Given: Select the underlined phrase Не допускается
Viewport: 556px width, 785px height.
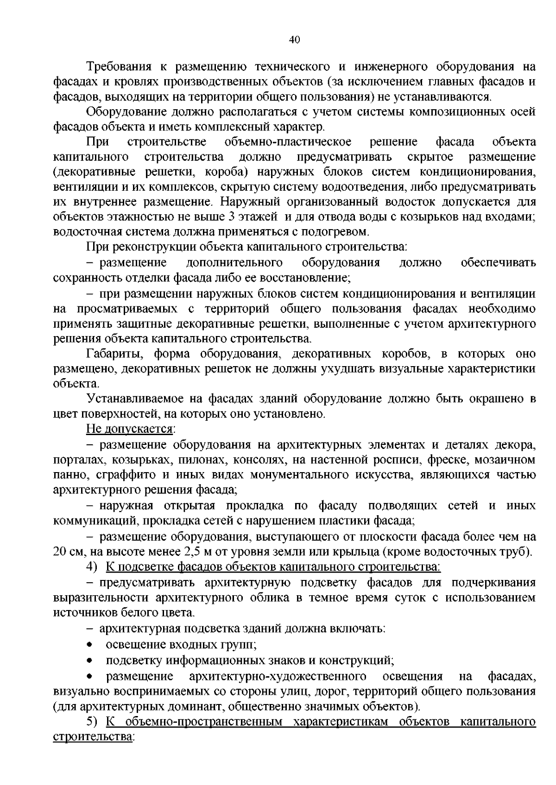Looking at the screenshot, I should (129, 429).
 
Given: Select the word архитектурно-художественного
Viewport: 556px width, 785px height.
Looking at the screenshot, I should (278, 676).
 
